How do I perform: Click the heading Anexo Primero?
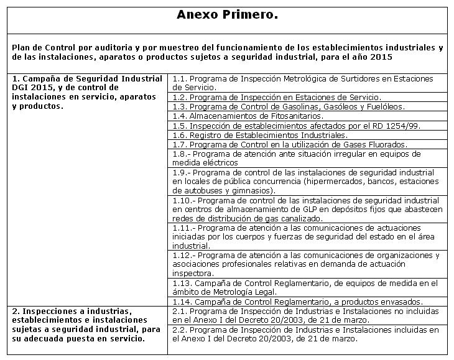(x=226, y=15)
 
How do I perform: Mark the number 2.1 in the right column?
(x=179, y=311)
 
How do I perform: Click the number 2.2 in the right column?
(x=179, y=330)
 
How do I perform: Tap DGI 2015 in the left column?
(x=33, y=88)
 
